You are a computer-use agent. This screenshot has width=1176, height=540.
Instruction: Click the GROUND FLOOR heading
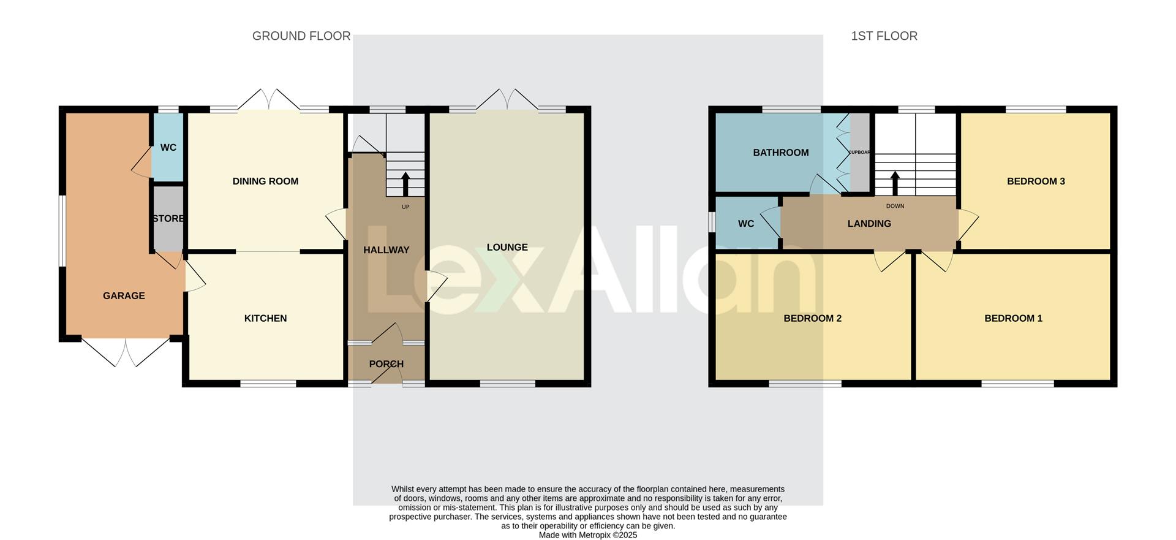(301, 36)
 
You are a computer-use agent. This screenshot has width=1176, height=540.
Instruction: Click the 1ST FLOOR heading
(884, 36)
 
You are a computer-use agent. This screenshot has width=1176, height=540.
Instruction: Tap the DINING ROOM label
(265, 181)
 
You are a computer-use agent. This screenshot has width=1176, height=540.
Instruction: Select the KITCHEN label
(265, 318)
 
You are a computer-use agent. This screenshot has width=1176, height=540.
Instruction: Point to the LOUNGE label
(507, 248)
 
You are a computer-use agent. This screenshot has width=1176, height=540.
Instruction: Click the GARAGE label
(124, 296)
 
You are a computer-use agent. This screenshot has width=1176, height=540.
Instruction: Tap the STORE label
(168, 219)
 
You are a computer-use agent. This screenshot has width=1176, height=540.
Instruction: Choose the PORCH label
(386, 364)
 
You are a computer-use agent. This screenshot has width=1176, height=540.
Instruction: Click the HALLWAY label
(386, 250)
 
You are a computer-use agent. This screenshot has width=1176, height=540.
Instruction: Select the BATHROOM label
(780, 153)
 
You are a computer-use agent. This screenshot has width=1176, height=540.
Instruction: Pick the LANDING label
(869, 224)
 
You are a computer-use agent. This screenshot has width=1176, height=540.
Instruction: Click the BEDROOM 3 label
(1036, 181)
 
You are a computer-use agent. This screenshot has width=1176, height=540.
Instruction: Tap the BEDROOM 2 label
(812, 318)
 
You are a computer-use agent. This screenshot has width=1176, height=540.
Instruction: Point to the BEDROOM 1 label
(1013, 318)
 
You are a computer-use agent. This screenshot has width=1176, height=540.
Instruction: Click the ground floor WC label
(168, 148)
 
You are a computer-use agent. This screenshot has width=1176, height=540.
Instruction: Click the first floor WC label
(745, 224)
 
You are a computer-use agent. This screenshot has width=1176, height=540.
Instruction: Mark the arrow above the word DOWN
(894, 183)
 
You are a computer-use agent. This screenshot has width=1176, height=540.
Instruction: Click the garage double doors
(126, 352)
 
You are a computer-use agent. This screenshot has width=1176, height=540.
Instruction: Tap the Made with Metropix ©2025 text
(587, 535)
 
